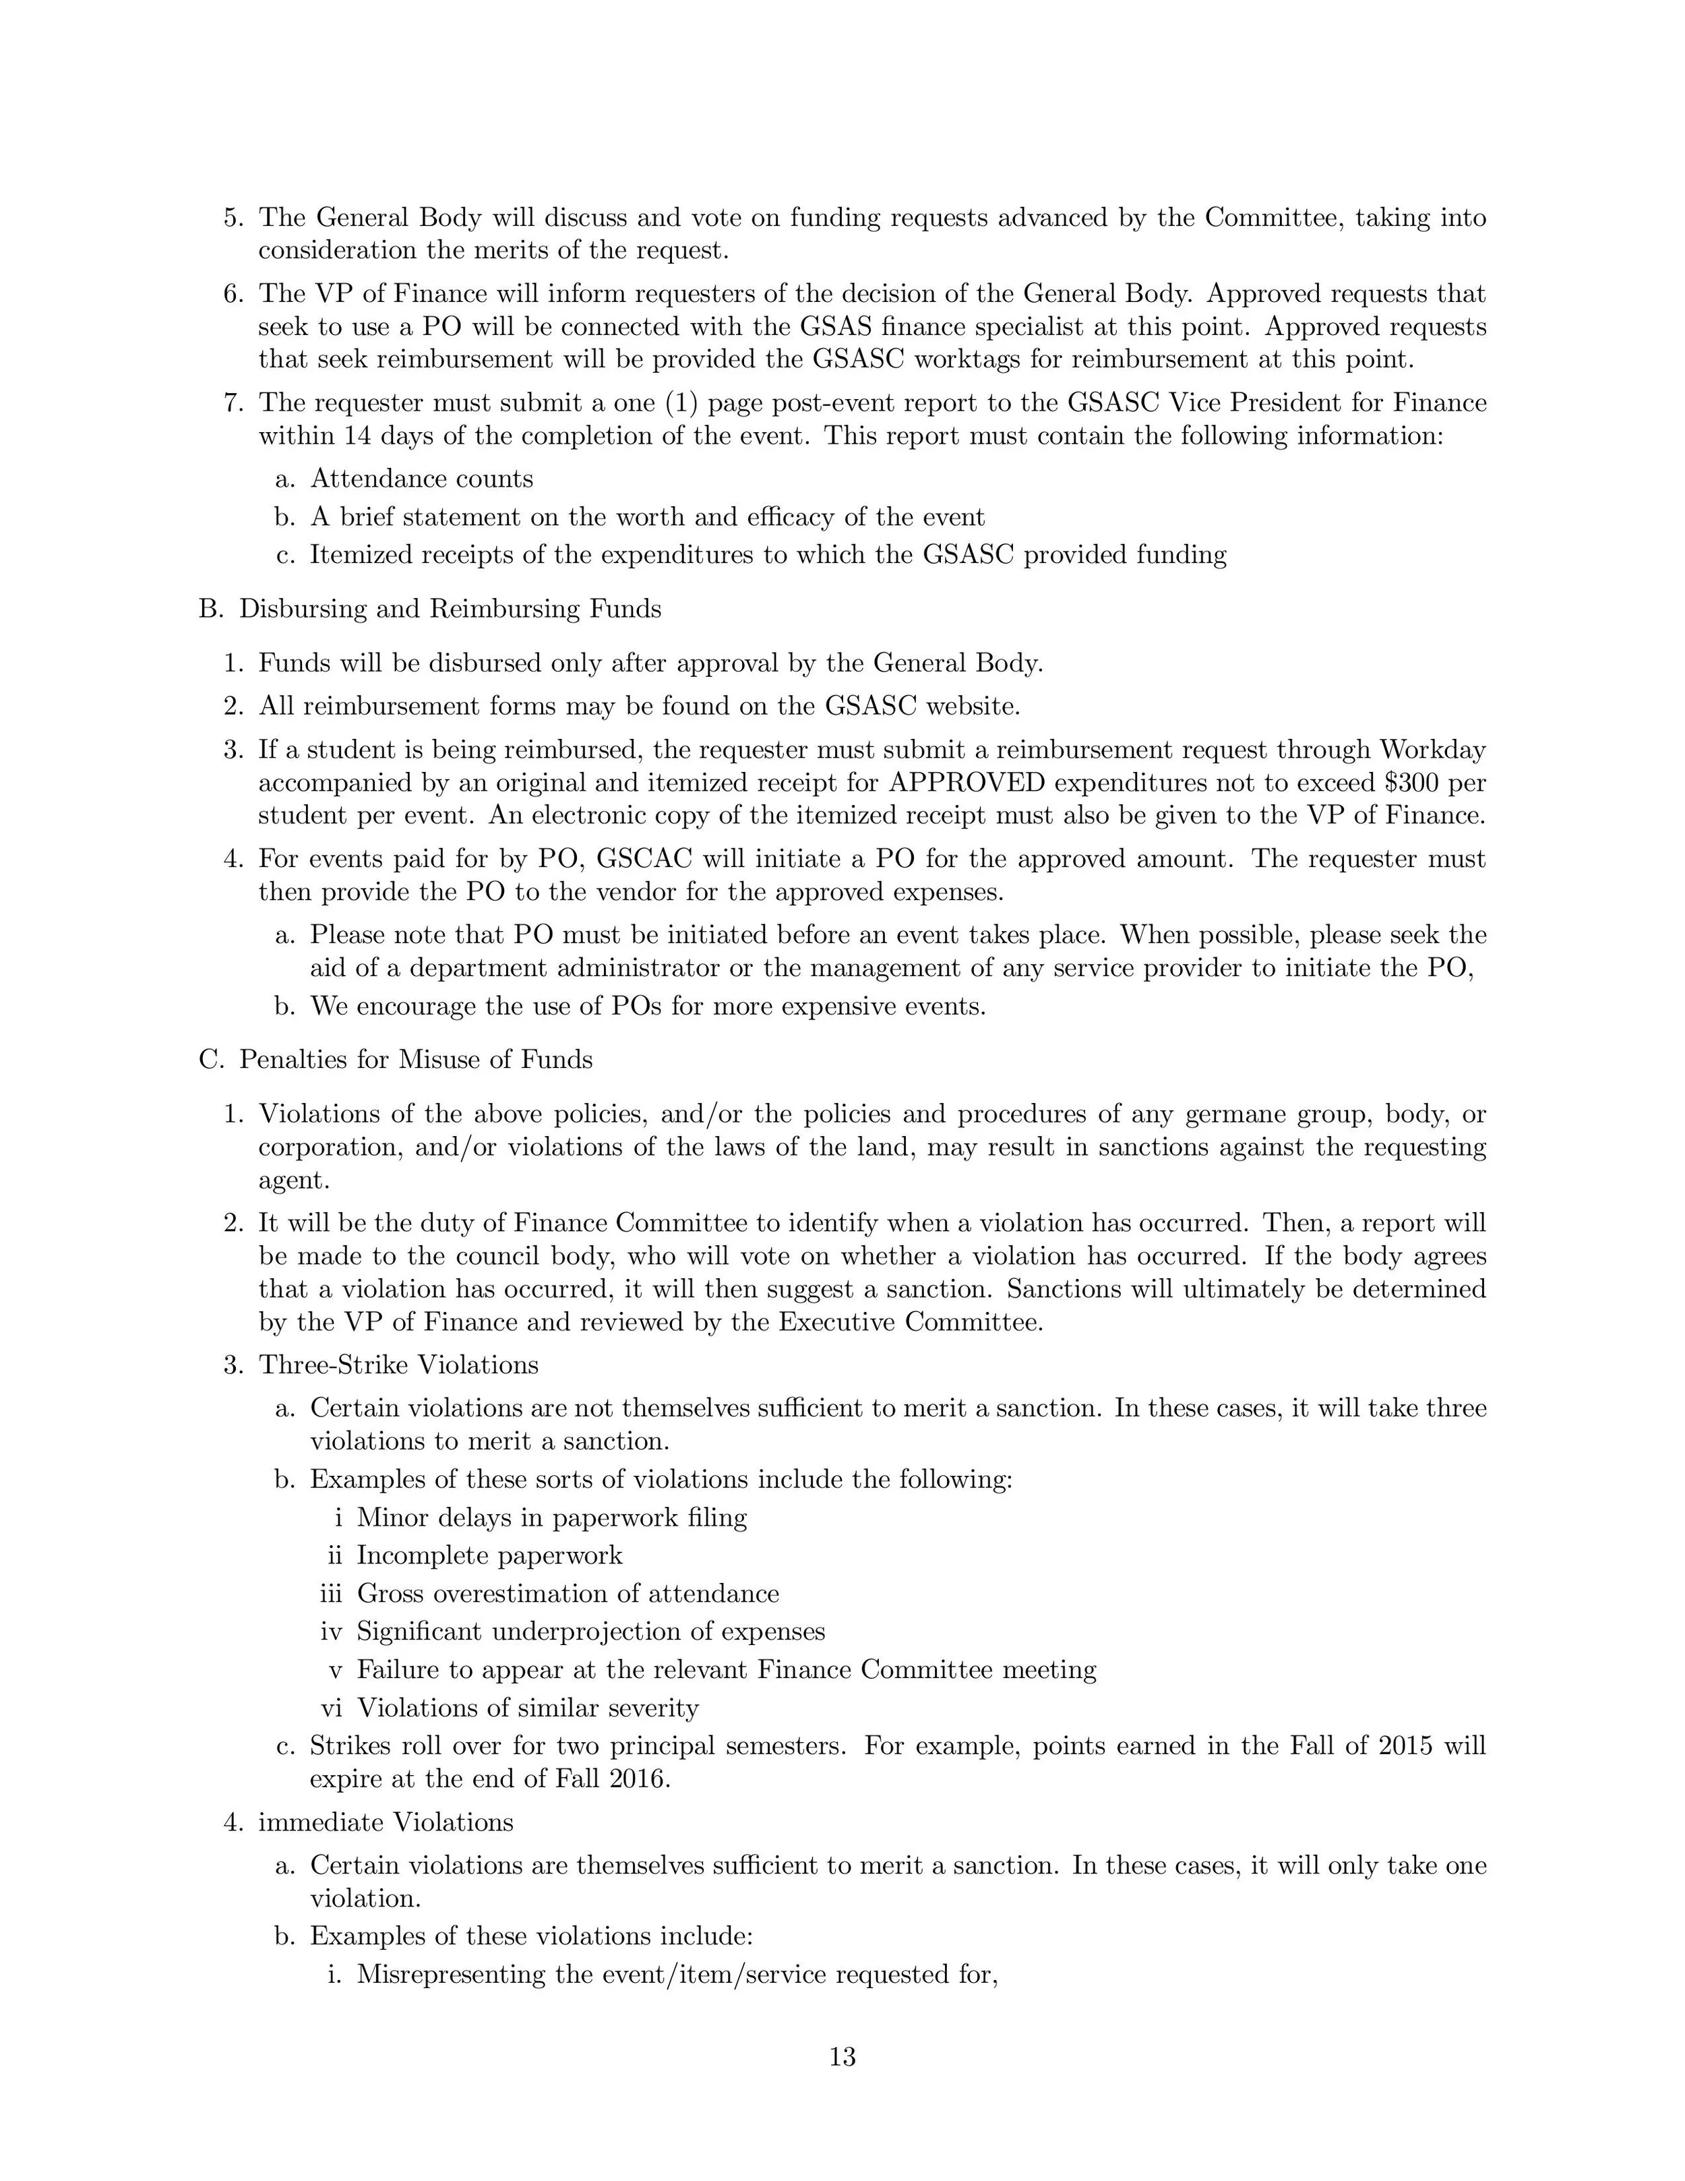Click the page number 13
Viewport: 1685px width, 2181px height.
click(x=842, y=2056)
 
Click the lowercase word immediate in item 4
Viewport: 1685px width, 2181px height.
click(x=320, y=1822)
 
